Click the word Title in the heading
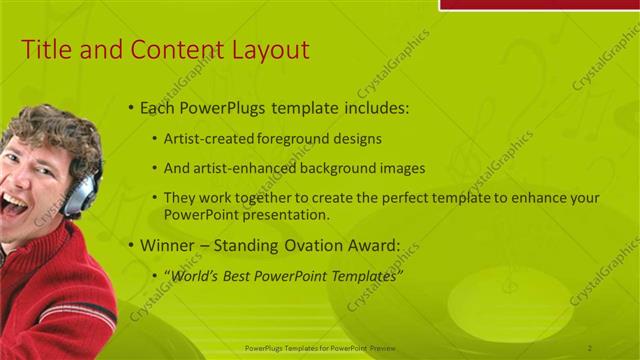point(45,50)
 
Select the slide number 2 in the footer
point(590,347)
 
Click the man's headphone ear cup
point(78,194)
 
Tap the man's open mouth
point(12,206)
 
